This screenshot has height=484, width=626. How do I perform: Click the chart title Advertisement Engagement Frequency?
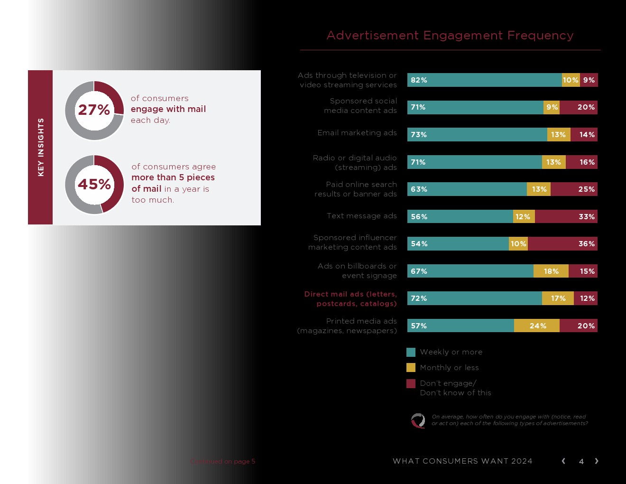tap(450, 36)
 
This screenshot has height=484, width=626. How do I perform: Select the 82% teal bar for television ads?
tap(484, 80)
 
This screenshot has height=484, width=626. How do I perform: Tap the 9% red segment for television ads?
tap(589, 80)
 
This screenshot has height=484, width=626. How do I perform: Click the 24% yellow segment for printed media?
tap(537, 326)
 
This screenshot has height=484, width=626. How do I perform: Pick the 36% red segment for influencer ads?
tap(562, 244)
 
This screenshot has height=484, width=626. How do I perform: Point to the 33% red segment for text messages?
tap(566, 217)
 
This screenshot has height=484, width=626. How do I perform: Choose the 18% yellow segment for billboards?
tap(551, 271)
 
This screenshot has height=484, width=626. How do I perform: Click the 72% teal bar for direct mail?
tap(474, 298)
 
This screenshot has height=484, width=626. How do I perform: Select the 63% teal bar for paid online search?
tap(467, 189)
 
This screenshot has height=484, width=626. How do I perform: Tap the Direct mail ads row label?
tap(350, 299)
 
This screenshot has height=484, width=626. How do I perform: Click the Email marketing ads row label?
tap(357, 133)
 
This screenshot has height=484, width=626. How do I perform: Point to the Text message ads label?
tap(362, 216)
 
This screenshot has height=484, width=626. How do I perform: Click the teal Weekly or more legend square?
tap(411, 352)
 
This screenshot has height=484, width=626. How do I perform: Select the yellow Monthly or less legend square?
tap(411, 368)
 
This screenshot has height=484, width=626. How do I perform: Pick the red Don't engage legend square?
tap(411, 383)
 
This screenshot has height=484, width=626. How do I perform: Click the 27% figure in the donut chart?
tap(94, 110)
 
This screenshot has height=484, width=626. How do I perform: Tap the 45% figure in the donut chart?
tap(94, 184)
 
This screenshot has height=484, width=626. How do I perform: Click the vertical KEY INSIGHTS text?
tap(41, 147)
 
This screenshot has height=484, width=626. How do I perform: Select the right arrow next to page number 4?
tap(597, 461)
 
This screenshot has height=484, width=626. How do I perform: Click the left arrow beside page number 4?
tap(563, 461)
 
